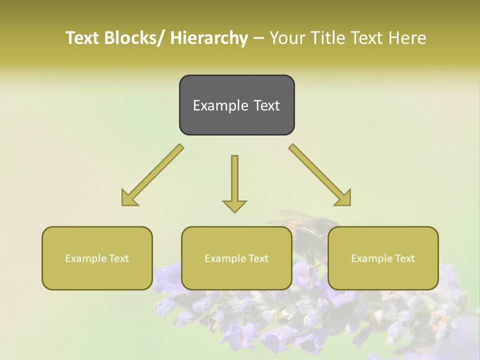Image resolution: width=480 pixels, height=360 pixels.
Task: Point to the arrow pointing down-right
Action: click(x=320, y=175)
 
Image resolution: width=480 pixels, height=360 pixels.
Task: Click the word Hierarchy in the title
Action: click(x=208, y=38)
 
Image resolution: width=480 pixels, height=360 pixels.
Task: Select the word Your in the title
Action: click(x=287, y=38)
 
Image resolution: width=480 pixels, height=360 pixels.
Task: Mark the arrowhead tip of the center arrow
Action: click(x=234, y=212)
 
